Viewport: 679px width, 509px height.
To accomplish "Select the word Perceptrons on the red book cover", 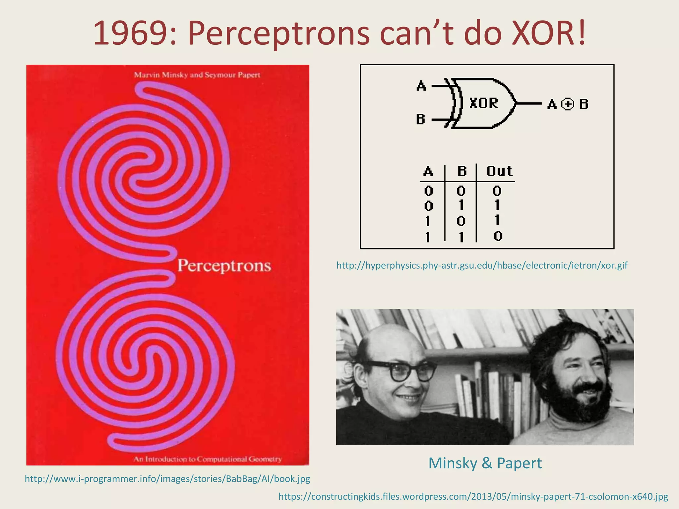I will pos(224,266).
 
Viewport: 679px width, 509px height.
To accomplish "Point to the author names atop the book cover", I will pos(197,75).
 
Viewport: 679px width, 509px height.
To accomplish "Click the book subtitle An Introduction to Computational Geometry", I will pos(208,459).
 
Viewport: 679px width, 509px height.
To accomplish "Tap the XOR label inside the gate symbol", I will pos(484,103).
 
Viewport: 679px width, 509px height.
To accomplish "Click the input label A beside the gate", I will pos(421,86).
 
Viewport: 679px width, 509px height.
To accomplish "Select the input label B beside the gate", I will pos(420,119).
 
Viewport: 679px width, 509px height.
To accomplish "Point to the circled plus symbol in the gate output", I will pos(567,104).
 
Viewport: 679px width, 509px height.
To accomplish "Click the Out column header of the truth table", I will pos(499,172).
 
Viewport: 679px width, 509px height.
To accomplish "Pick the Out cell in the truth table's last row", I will pos(498,236).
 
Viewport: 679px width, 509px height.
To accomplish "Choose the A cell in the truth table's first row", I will pos(428,191).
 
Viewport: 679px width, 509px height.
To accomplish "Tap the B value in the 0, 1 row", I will pos(461,206).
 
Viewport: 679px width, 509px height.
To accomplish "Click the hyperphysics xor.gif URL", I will pos(482,265).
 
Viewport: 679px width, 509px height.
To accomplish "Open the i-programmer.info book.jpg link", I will pos(167,479).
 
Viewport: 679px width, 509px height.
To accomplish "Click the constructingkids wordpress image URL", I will pos(473,496).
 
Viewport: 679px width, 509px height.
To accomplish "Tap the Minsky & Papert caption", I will pos(485,463).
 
